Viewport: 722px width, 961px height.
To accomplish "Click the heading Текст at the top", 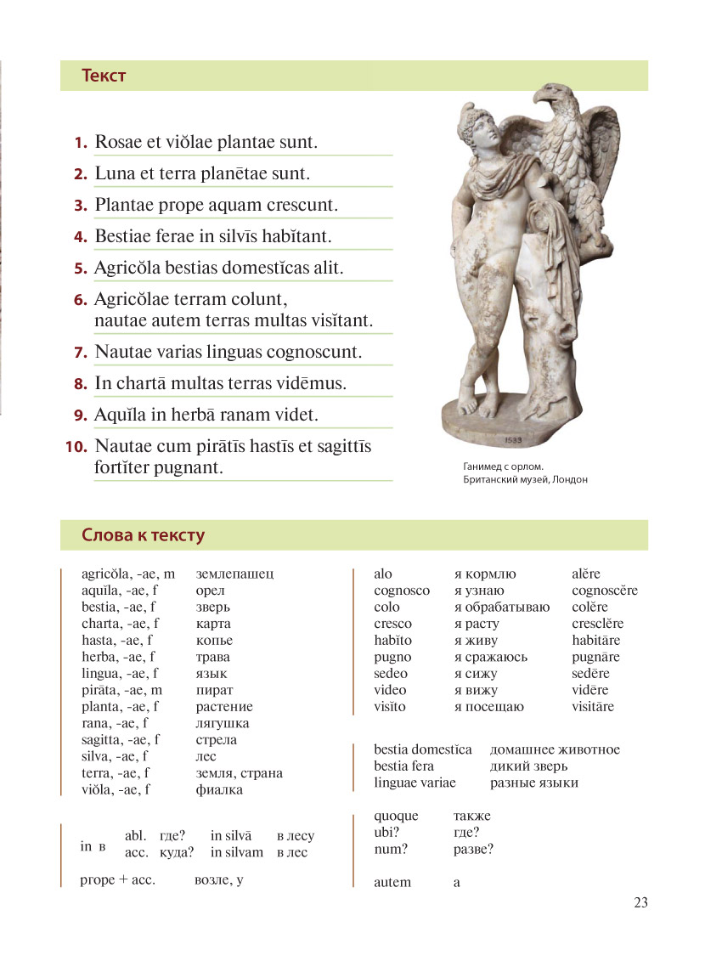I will (x=104, y=76).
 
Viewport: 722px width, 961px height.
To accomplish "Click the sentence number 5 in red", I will (x=81, y=269).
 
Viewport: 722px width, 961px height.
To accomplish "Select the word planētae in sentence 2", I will (x=235, y=174).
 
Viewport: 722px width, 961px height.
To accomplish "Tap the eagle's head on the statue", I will (x=555, y=99).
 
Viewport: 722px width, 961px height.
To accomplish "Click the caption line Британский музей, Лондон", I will (x=525, y=480).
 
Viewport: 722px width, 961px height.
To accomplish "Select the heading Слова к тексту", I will (x=143, y=535).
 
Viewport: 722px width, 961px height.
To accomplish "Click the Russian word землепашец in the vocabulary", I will (x=234, y=574).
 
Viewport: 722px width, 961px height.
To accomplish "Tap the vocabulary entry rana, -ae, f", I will (x=118, y=723).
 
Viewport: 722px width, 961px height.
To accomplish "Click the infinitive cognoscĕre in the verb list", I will (x=604, y=591).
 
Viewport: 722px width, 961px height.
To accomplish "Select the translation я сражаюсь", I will (x=491, y=657).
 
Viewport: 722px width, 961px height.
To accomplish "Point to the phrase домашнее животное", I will (x=555, y=749).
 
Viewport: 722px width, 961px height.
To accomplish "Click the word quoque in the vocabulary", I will (x=396, y=816).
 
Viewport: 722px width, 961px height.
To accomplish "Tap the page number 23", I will (x=640, y=902).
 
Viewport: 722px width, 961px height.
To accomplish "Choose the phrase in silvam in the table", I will (x=237, y=852).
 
